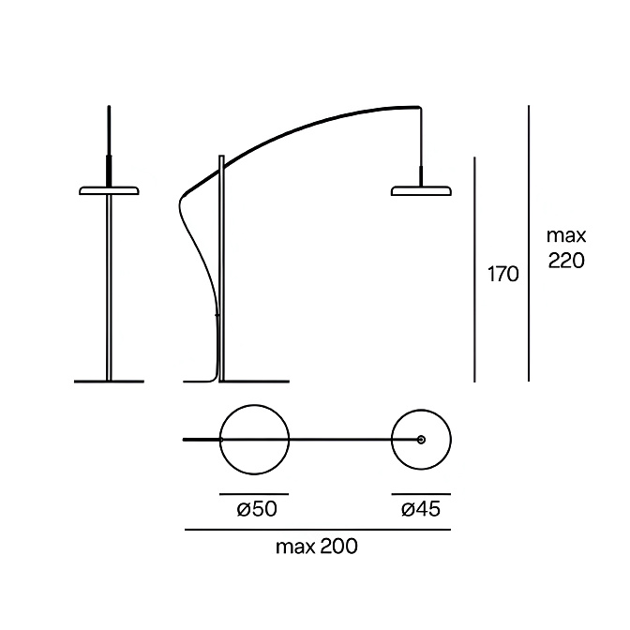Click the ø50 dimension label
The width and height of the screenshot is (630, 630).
coord(257,509)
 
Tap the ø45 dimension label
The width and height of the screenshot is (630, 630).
coord(421,509)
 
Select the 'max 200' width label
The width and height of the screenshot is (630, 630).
coord(317,547)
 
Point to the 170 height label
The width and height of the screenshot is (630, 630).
coord(503,275)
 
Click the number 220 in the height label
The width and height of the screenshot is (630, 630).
coord(566,261)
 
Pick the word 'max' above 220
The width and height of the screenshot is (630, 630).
coord(566,236)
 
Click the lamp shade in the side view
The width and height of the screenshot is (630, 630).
coord(421,190)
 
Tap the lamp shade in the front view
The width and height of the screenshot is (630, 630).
coord(110,190)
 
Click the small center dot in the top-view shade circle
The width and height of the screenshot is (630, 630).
coord(421,440)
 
